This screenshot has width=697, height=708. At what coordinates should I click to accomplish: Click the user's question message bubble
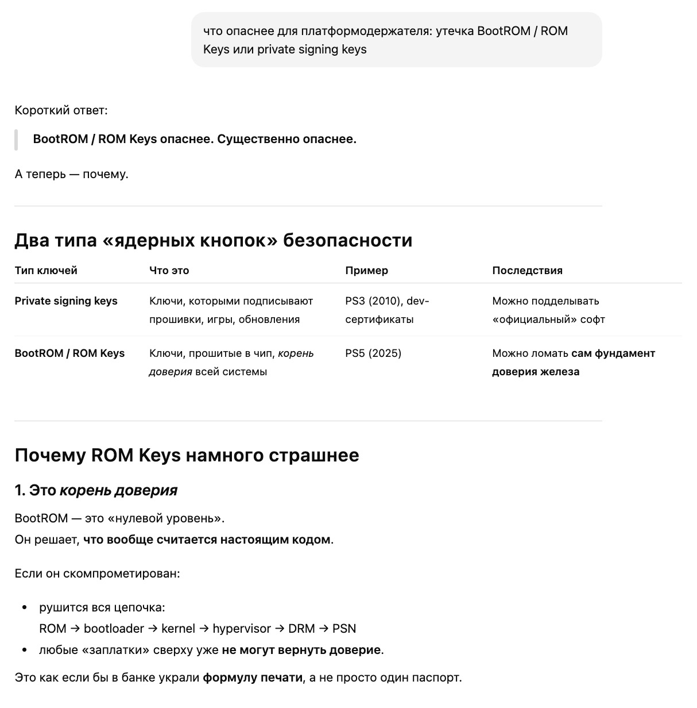tap(396, 40)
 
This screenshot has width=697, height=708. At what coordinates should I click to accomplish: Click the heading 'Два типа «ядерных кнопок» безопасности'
tap(213, 240)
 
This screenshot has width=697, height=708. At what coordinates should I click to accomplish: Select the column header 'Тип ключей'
tap(46, 271)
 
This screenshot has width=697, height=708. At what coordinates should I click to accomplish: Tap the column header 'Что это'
tap(169, 271)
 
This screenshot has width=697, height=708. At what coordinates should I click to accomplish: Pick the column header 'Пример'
tap(366, 271)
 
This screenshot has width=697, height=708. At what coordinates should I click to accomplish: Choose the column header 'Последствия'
tap(527, 271)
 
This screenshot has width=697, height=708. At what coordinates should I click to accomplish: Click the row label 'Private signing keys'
tap(66, 301)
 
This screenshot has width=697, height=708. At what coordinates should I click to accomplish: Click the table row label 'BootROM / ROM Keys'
tap(69, 353)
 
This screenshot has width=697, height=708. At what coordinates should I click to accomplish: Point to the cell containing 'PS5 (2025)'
tap(373, 353)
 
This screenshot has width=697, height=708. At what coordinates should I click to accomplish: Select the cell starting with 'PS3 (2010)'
tap(387, 310)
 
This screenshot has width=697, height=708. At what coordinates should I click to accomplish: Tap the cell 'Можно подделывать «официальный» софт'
tap(548, 310)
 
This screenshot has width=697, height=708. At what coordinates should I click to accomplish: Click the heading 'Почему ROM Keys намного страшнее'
tap(187, 455)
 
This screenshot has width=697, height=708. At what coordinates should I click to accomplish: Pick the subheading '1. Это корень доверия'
tap(96, 490)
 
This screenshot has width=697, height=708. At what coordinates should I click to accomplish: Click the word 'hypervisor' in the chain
tap(241, 629)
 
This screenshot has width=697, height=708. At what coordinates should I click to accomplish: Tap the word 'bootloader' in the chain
tap(114, 629)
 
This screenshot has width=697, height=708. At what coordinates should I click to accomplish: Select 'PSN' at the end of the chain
tap(344, 629)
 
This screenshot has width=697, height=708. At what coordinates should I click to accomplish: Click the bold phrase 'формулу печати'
tap(252, 678)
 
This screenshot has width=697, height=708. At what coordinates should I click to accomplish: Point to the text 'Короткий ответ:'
tap(61, 110)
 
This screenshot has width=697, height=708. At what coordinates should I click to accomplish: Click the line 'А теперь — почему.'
tap(71, 174)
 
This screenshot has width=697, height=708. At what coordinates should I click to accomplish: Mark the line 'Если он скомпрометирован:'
tap(97, 574)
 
